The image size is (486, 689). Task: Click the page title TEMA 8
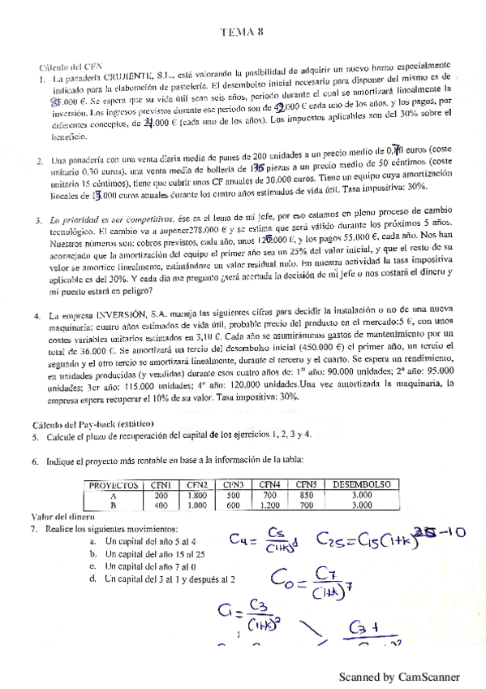[242, 33]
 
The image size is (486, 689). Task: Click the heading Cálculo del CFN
[71, 67]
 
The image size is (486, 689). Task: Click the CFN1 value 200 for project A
[161, 495]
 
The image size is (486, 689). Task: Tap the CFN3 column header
[234, 485]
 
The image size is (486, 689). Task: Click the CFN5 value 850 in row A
[306, 495]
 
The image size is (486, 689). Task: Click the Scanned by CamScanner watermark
[398, 676]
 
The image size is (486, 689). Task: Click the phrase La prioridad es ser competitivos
[113, 220]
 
